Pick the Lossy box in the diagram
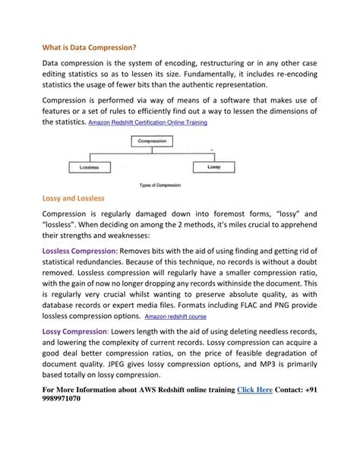[x=213, y=166]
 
